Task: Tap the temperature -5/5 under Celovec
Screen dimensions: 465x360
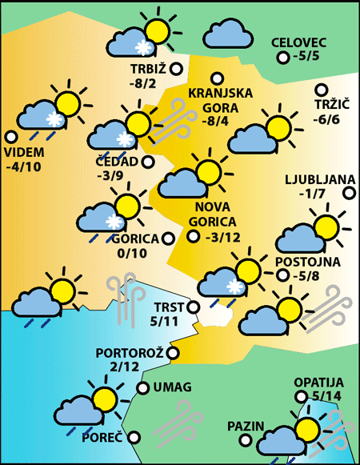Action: coord(306,57)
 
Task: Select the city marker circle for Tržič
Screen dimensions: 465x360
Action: coord(322,90)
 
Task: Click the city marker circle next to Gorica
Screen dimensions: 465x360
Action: coord(167,238)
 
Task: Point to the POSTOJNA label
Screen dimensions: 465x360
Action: coord(307,262)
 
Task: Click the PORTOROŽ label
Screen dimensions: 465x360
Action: coord(129,352)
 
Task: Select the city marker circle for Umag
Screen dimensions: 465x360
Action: coord(142,388)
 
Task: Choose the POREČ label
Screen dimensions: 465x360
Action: coord(102,438)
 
